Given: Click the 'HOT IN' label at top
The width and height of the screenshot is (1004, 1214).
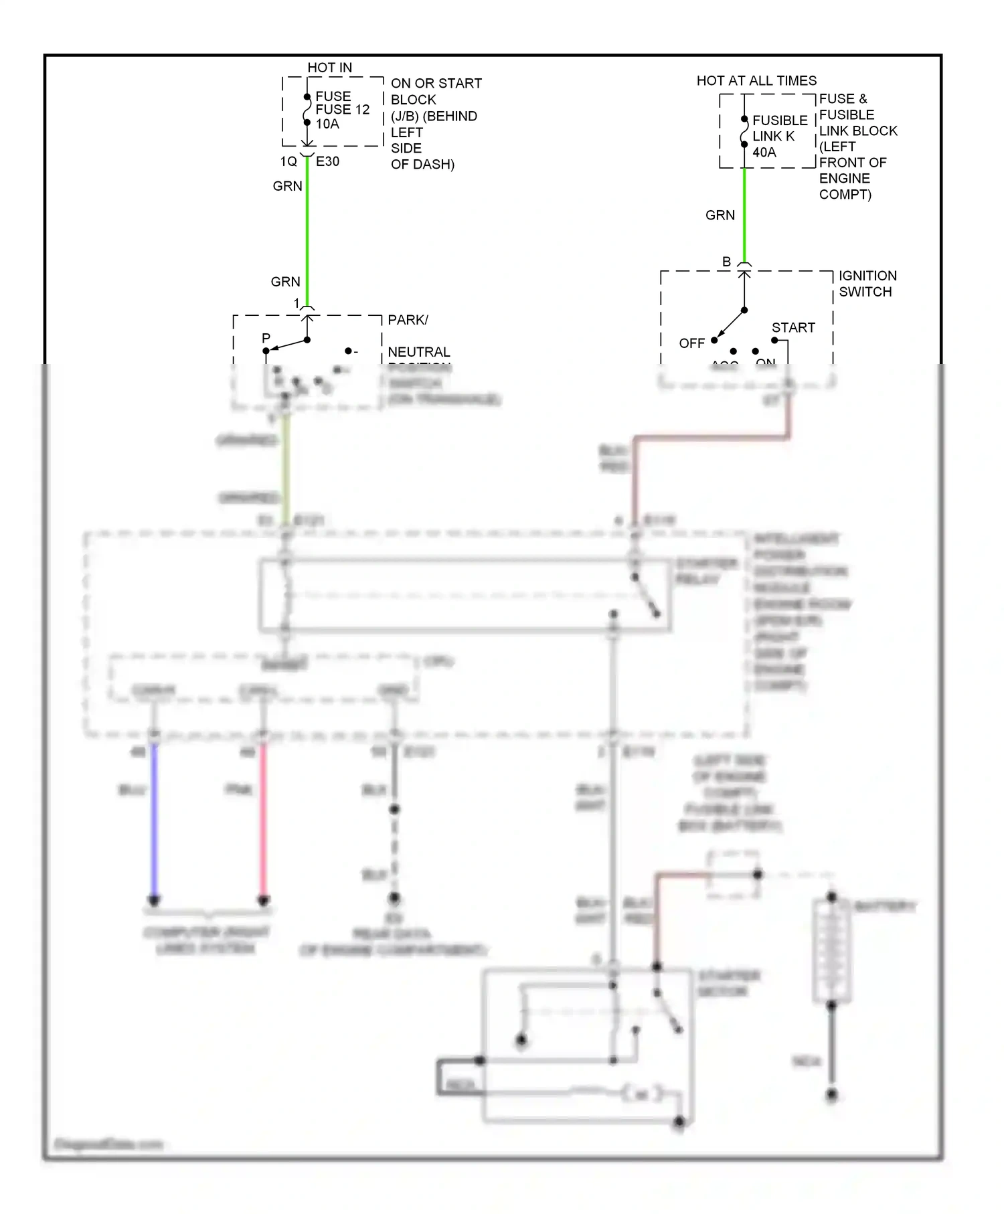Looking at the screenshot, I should click(329, 68).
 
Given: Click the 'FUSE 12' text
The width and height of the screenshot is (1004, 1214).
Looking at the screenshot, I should click(342, 110).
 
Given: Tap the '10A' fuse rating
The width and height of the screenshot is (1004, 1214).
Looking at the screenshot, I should click(327, 124).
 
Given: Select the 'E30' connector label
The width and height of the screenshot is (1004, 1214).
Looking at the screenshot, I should click(327, 161).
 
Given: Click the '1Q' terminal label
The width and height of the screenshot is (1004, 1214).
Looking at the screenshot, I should click(288, 161).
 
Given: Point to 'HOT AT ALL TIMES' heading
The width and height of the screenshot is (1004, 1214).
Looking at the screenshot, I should click(756, 81).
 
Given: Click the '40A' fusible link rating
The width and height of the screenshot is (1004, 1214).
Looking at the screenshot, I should click(764, 153).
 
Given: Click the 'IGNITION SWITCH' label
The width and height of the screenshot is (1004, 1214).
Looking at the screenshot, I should click(867, 284).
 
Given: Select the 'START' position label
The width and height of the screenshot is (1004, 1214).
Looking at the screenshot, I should click(793, 328).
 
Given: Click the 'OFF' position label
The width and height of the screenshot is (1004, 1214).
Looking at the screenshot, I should click(691, 343).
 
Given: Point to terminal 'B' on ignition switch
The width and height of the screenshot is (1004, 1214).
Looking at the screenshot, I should click(726, 262).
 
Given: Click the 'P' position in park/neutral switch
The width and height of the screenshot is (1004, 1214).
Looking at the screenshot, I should click(266, 338).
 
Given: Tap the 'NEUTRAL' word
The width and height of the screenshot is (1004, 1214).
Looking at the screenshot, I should click(419, 352).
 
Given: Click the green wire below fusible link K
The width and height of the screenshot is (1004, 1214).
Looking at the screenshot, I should click(744, 214).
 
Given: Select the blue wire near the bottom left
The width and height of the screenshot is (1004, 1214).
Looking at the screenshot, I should click(154, 823).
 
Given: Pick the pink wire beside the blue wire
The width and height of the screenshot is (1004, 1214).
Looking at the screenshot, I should click(263, 823).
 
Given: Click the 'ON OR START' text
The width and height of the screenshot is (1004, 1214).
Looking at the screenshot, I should click(436, 84).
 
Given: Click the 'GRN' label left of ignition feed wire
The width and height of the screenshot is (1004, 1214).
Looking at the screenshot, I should click(720, 215).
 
